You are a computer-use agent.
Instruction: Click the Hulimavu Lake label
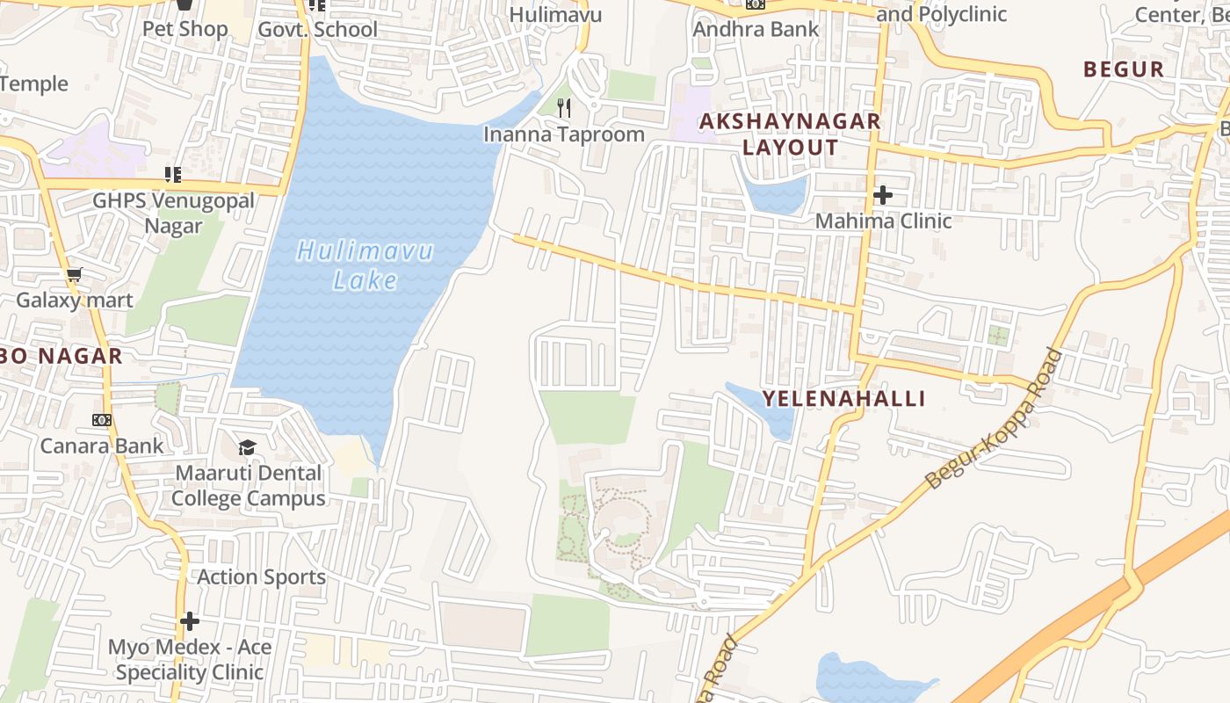365,265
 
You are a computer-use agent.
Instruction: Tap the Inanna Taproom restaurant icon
565,108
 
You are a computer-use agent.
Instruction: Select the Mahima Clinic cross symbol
883,195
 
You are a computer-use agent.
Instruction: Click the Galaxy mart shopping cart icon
75,275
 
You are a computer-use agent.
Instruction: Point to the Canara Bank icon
102,420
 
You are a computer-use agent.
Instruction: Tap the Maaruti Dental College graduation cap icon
248,448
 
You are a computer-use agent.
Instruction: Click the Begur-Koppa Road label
994,419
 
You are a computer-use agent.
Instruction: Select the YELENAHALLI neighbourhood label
843,399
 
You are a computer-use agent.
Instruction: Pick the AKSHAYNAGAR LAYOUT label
790,134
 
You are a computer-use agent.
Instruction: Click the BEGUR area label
1124,69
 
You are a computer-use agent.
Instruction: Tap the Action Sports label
261,577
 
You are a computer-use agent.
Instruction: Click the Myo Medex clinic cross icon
189,622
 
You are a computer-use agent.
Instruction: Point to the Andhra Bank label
756,29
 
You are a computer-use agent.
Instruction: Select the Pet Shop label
185,29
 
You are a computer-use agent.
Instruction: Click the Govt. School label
317,30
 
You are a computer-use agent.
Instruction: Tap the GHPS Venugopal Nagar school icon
173,175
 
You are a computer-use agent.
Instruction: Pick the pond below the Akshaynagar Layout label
777,193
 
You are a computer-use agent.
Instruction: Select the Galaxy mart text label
75,301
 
